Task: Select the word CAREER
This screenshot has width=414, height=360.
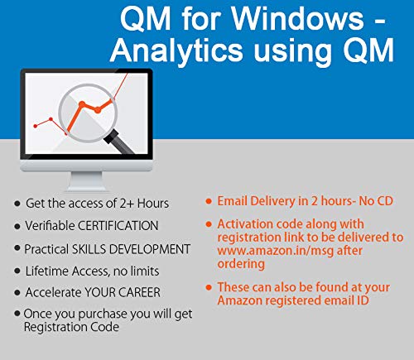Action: pos(142,292)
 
